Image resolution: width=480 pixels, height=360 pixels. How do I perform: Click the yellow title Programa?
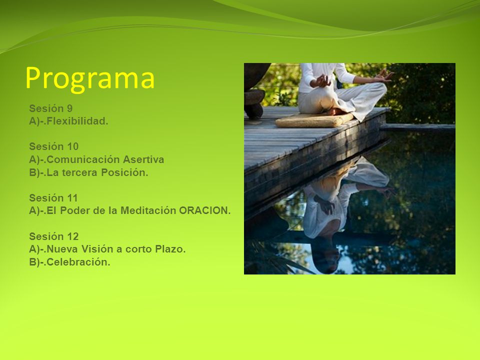[90, 79]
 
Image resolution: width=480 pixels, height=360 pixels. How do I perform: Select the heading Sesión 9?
[51, 108]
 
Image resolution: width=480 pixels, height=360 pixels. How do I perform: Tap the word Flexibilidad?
[77, 121]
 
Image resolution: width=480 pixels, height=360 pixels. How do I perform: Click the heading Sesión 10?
[54, 146]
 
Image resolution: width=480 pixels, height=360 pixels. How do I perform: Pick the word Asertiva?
[143, 159]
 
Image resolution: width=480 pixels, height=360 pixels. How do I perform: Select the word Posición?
[124, 172]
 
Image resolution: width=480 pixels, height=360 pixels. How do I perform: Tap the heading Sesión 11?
[53, 198]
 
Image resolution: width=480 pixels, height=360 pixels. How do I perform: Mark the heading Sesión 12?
[54, 236]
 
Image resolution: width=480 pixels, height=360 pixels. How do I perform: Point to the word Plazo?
[170, 249]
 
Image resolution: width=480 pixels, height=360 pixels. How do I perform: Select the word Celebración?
[78, 262]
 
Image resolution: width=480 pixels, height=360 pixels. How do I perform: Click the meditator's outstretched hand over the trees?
[384, 75]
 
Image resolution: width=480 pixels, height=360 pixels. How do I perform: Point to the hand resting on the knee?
[321, 81]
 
